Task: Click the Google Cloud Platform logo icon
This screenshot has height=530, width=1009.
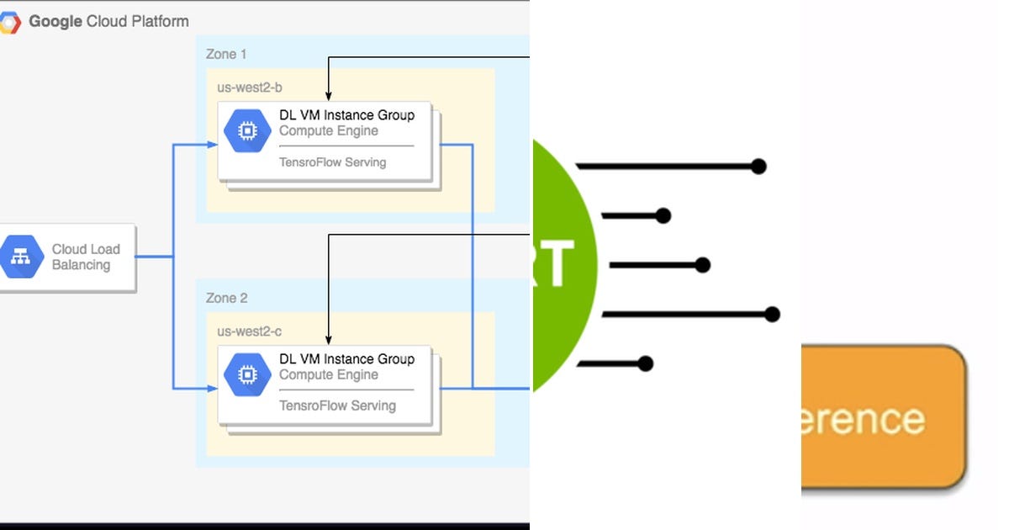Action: click(9, 22)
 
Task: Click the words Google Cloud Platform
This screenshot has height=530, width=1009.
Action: click(108, 22)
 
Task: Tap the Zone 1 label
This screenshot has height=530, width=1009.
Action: click(226, 54)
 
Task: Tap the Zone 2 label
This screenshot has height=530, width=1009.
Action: click(226, 298)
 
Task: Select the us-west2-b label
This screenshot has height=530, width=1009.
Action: click(243, 87)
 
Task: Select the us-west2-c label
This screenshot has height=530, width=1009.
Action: click(243, 331)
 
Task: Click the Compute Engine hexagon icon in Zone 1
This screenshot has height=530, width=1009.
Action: click(247, 131)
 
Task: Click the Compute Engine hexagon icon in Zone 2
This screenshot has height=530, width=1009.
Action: click(247, 375)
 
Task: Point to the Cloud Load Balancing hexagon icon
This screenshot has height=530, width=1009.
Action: click(21, 257)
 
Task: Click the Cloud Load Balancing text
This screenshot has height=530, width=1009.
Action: click(85, 257)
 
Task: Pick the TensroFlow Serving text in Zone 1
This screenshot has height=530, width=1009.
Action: click(332, 162)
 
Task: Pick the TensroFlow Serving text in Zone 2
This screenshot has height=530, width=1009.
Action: click(337, 405)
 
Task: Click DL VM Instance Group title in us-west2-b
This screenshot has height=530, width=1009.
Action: click(346, 115)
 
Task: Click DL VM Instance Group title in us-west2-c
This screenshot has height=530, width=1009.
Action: click(346, 359)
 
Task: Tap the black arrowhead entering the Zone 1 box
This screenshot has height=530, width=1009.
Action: click(328, 97)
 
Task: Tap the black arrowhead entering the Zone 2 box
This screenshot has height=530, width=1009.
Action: click(328, 341)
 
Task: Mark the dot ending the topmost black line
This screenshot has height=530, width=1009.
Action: click(758, 167)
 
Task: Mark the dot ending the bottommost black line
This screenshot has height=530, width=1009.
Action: click(645, 363)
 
